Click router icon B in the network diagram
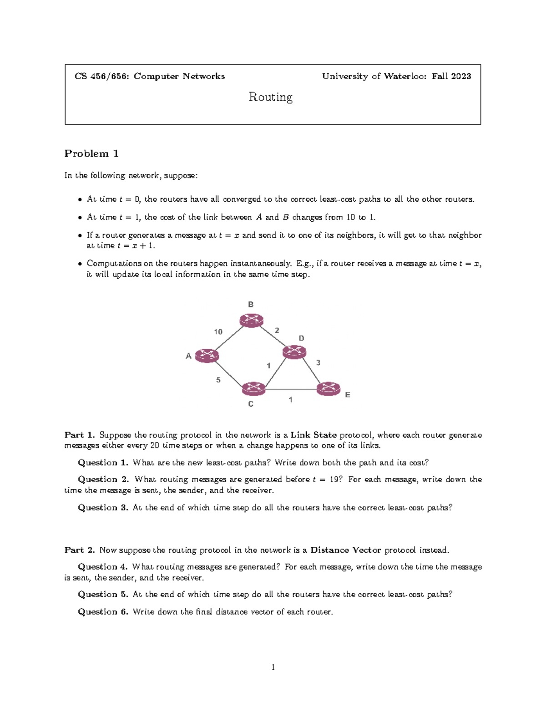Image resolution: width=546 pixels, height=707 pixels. pyautogui.click(x=252, y=320)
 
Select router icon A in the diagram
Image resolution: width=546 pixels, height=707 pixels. pyautogui.click(x=207, y=356)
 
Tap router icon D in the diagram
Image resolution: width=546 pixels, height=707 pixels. pyautogui.click(x=294, y=352)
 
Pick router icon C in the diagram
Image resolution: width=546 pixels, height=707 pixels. pyautogui.click(x=253, y=389)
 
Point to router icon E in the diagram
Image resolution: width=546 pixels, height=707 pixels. pyautogui.click(x=329, y=389)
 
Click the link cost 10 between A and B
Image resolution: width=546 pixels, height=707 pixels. pyautogui.click(x=218, y=332)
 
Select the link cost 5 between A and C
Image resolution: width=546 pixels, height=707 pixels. pyautogui.click(x=218, y=380)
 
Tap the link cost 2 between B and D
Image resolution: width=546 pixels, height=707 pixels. pyautogui.click(x=277, y=331)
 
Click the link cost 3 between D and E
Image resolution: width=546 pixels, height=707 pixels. pyautogui.click(x=318, y=363)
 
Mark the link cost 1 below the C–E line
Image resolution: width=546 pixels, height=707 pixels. pyautogui.click(x=290, y=400)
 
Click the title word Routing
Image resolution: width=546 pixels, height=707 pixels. pyautogui.click(x=271, y=97)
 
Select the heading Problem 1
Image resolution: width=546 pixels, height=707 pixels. pyautogui.click(x=91, y=153)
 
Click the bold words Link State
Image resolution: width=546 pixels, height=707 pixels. pyautogui.click(x=313, y=435)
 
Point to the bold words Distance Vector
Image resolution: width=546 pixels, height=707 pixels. pyautogui.click(x=345, y=550)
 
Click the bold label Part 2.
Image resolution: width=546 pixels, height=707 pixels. pyautogui.click(x=80, y=550)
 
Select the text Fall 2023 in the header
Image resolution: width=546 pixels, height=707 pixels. pyautogui.click(x=451, y=76)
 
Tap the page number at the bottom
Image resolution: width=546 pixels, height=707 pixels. pyautogui.click(x=273, y=667)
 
